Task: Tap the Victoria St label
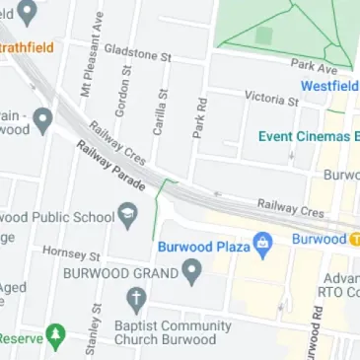(271, 99)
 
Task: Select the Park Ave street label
(314, 67)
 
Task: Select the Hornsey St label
(72, 254)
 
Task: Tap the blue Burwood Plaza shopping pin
(262, 243)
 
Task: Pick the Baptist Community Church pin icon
(136, 299)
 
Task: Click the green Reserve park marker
(55, 336)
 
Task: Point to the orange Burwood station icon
(354, 240)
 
